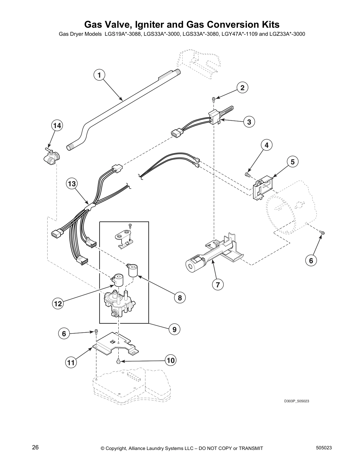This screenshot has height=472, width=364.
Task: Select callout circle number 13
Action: (72, 184)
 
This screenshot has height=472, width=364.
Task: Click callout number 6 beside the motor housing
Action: (311, 261)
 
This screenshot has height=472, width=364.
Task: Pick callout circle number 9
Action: (174, 329)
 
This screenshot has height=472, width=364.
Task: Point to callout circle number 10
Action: (170, 361)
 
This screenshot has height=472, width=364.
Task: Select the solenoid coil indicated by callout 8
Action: (132, 270)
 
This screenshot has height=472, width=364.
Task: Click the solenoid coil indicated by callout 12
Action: (118, 280)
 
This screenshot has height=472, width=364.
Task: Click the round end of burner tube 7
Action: (190, 265)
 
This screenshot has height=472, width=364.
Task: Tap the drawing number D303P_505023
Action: (296, 401)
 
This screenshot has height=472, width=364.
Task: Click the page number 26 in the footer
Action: (35, 447)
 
